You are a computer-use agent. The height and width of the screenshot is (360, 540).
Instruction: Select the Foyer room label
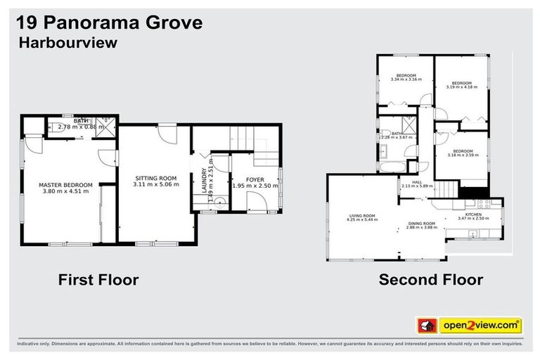255,180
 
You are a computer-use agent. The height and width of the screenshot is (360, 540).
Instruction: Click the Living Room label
361,216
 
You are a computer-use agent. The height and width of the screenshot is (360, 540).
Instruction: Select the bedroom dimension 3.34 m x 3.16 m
406,79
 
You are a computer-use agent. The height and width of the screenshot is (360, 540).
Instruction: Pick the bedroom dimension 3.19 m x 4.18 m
461,87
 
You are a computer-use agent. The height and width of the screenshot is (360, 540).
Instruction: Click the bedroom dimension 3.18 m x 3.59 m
461,154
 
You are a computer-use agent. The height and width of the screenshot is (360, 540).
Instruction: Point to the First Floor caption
98,280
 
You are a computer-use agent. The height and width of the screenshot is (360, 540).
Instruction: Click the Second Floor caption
430,280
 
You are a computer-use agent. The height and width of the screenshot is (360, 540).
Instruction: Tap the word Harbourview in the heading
67,44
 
